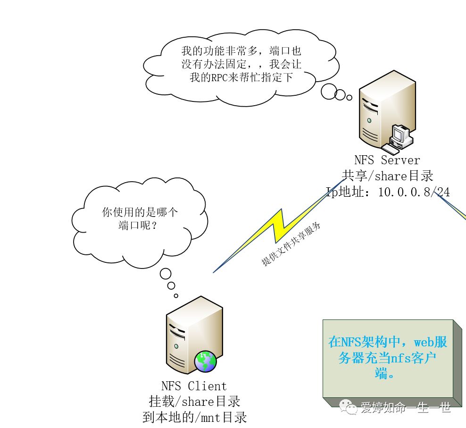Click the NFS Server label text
click(x=387, y=160)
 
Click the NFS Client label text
click(x=194, y=386)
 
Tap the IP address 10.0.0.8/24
click(x=414, y=192)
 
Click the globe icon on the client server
click(x=205, y=361)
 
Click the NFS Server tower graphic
click(x=382, y=111)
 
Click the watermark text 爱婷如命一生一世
click(x=405, y=407)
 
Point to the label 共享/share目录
click(x=387, y=176)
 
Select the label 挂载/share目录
click(x=194, y=402)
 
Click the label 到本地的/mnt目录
click(x=194, y=417)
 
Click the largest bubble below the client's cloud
click(x=165, y=273)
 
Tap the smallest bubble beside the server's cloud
click(x=349, y=98)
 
